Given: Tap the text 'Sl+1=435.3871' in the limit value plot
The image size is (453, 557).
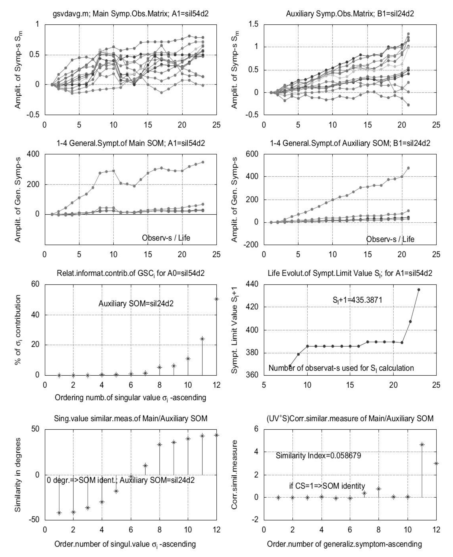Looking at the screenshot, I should (x=357, y=300).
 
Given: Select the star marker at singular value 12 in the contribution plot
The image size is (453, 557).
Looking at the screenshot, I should (x=216, y=299).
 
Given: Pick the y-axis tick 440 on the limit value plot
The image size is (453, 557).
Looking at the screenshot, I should (x=252, y=284).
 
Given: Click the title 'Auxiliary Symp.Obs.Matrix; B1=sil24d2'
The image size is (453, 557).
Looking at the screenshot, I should (x=350, y=14).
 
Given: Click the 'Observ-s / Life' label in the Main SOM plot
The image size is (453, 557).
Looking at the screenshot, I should (x=166, y=238).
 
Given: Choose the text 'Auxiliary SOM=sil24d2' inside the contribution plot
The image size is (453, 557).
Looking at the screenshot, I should (x=136, y=304).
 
